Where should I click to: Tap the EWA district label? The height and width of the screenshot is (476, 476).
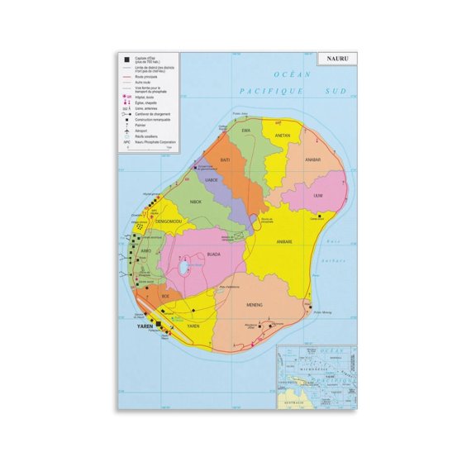(x=245, y=131)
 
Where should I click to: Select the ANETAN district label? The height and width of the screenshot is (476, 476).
(x=282, y=134)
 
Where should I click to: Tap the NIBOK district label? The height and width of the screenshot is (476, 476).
(x=196, y=202)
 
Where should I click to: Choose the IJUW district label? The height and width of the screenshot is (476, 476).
(x=319, y=195)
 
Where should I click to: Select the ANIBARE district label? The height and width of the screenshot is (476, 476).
(x=283, y=242)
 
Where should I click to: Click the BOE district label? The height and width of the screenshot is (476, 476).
(x=165, y=295)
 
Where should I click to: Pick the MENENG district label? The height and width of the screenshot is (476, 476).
(x=254, y=305)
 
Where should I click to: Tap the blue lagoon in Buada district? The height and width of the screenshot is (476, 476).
(x=184, y=265)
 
